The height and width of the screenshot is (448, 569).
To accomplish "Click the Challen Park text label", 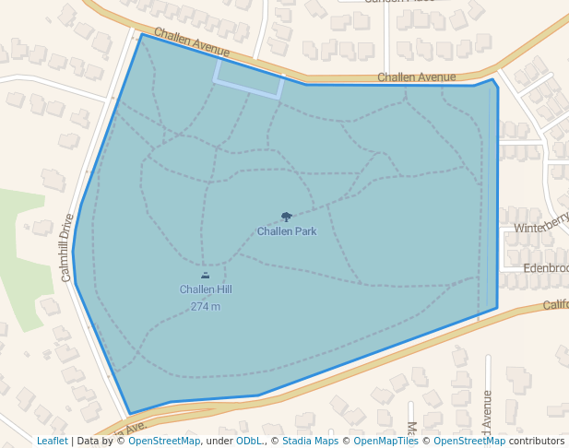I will click(x=287, y=231).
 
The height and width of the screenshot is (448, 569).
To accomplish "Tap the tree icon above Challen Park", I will click(x=287, y=217).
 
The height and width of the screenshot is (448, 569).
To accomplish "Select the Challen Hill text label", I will click(x=206, y=289).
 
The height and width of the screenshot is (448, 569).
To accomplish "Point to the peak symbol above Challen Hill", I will click(x=205, y=275).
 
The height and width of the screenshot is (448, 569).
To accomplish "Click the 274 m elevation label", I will click(x=206, y=306).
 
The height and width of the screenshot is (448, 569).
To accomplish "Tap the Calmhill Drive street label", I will click(x=66, y=247).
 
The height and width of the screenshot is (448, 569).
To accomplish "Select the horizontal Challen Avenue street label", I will click(x=417, y=77).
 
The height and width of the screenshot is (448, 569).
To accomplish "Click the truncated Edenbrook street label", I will click(x=546, y=268).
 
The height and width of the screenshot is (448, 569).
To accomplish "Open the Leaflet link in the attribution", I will click(x=52, y=441).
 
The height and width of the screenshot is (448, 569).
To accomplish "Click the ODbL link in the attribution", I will click(x=249, y=441).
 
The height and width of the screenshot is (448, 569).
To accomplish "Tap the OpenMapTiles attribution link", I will click(x=385, y=441).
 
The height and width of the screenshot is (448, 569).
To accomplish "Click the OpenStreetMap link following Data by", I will click(x=164, y=441).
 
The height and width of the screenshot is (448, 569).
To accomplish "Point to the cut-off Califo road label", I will click(x=555, y=304).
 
